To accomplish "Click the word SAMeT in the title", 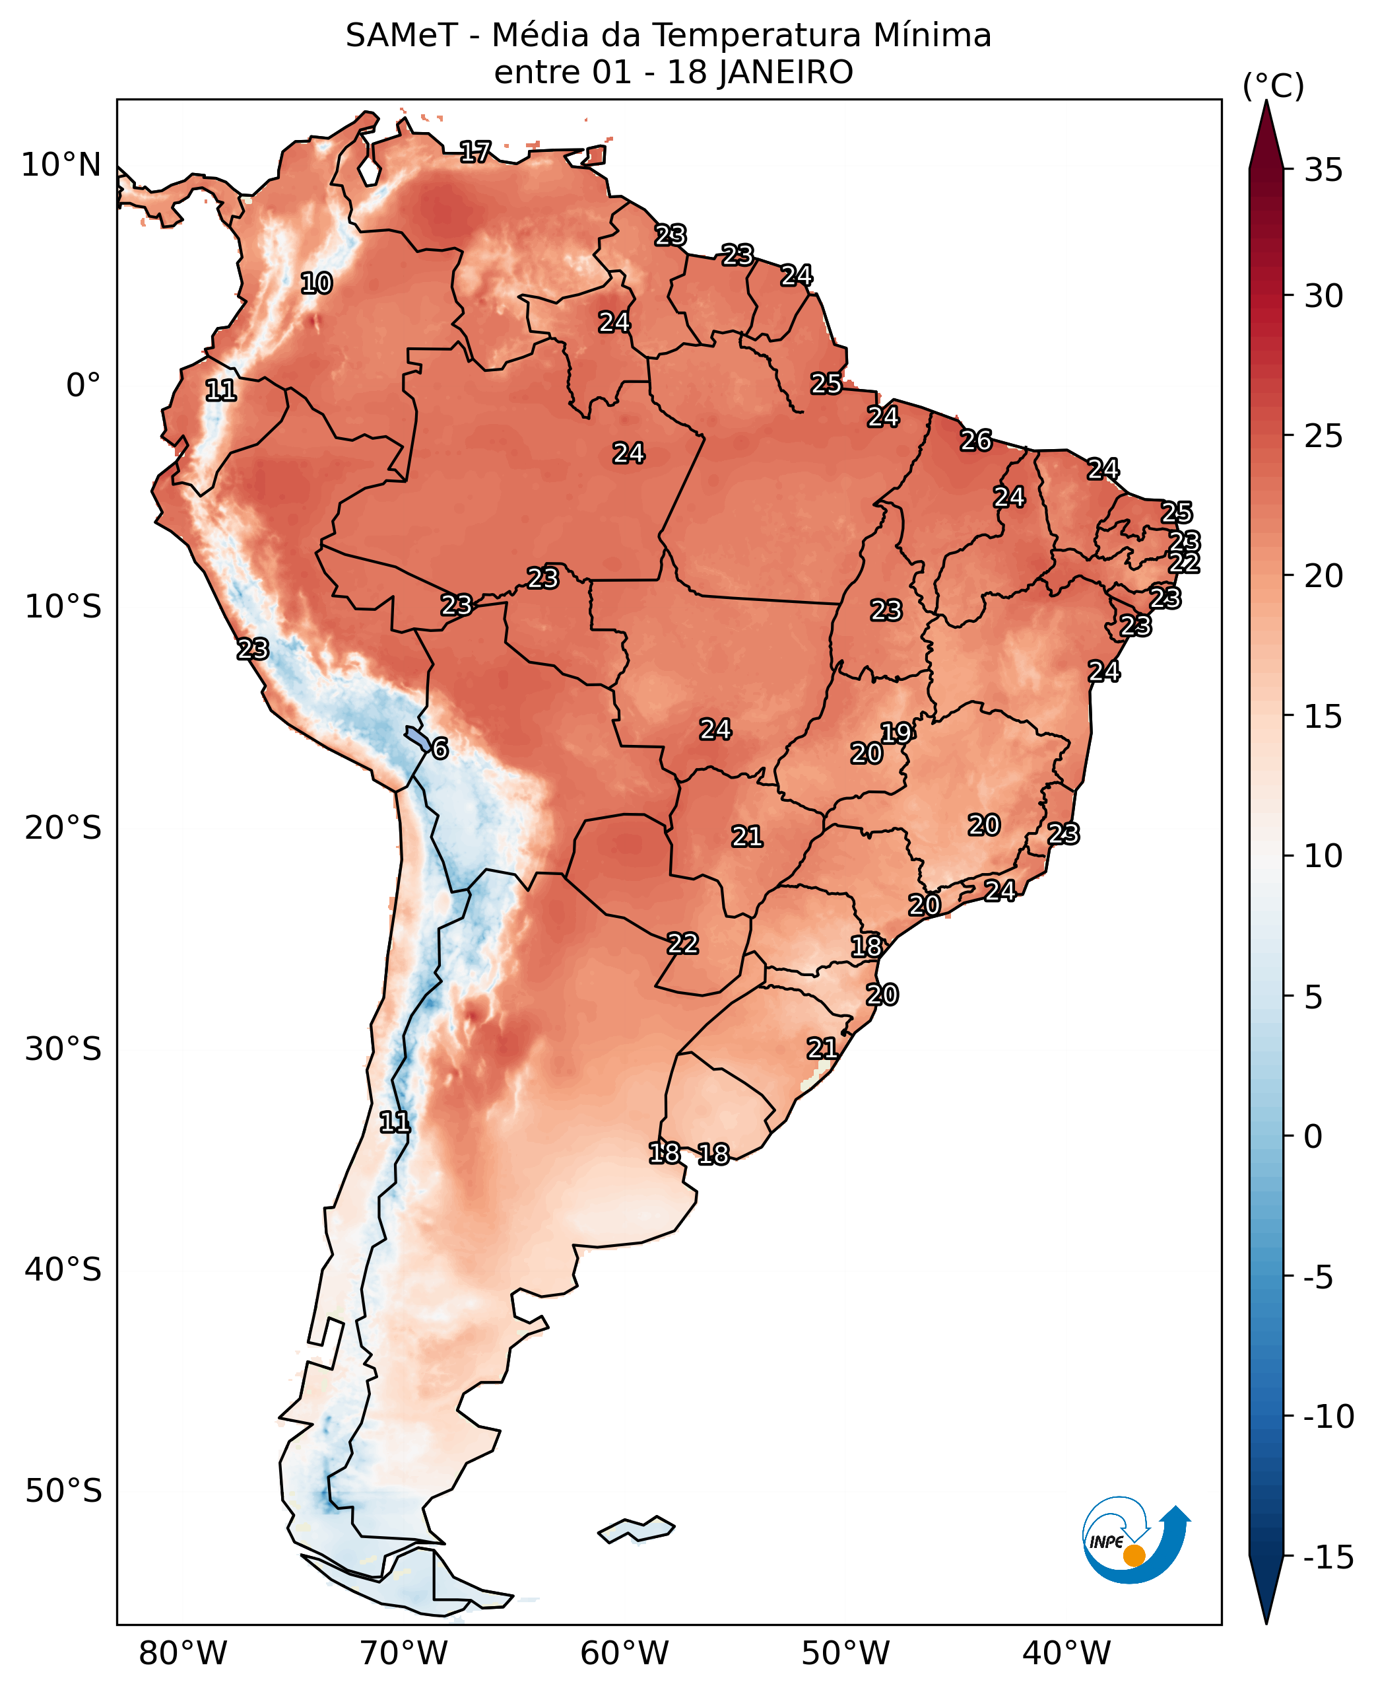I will tap(401, 36).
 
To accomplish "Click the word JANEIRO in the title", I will tap(785, 73).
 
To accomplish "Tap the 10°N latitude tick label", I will tap(61, 166).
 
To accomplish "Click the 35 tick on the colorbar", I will tap(1324, 170).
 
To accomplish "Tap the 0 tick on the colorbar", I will tap(1313, 1137).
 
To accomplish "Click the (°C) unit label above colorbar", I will tap(1273, 87).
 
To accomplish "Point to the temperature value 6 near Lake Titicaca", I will tap(440, 749).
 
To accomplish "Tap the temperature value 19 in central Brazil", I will tap(896, 733).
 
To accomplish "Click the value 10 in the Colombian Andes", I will tap(316, 283).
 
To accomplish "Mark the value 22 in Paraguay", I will tap(682, 944).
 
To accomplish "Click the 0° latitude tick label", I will tap(83, 386).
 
